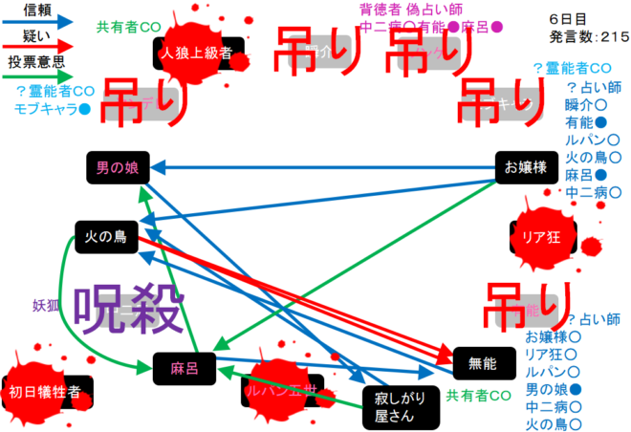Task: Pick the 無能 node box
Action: click(484, 363)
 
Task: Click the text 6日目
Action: click(567, 19)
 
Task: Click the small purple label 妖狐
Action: click(46, 306)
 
